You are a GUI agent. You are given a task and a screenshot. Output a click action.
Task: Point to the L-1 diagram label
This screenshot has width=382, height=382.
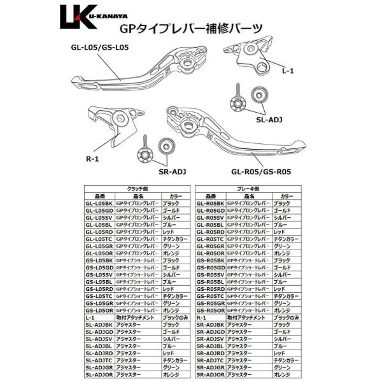click(287, 73)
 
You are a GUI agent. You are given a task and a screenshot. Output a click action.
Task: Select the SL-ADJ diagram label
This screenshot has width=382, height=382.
click(268, 118)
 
